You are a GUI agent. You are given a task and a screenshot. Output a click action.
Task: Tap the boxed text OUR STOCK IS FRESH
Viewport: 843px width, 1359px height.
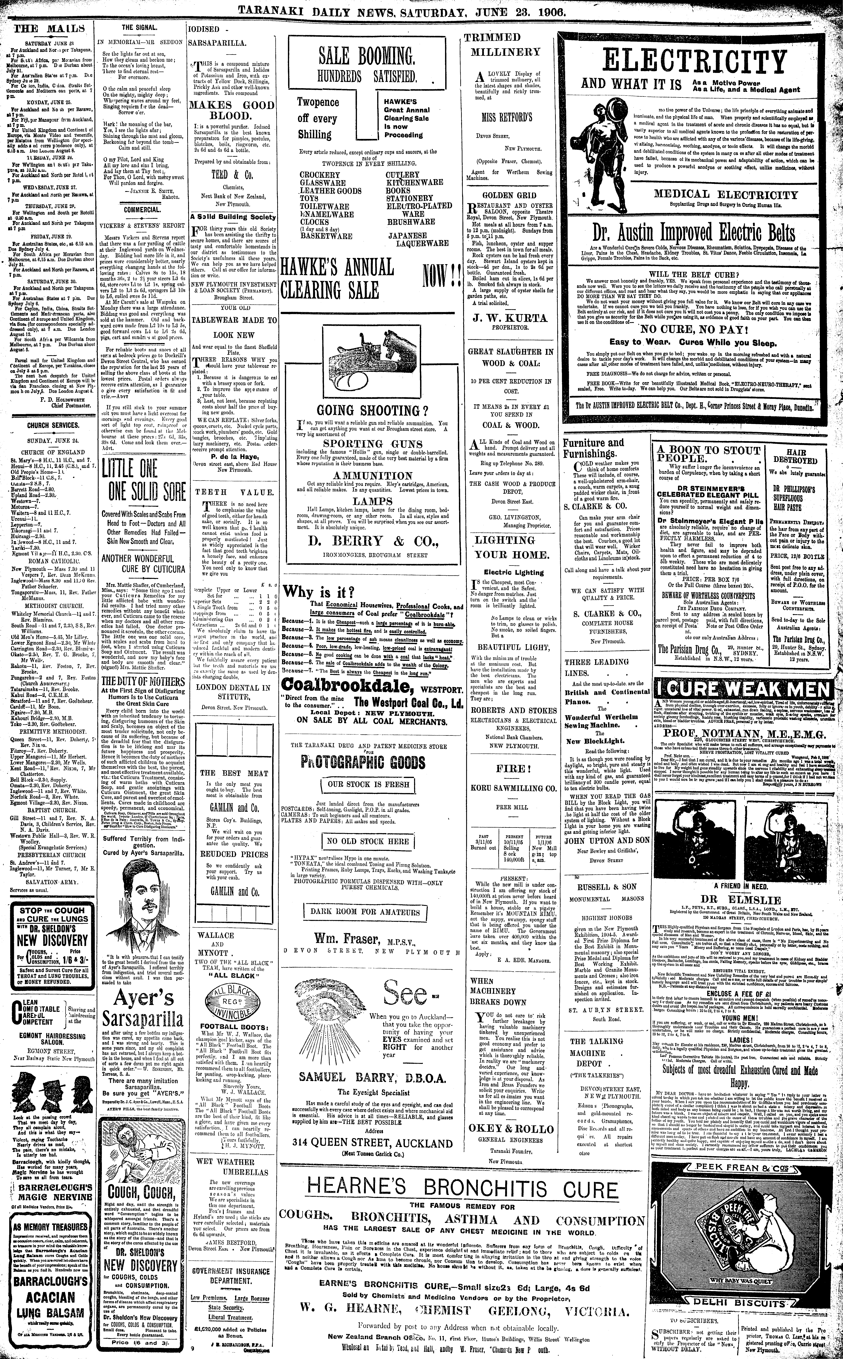368,784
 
